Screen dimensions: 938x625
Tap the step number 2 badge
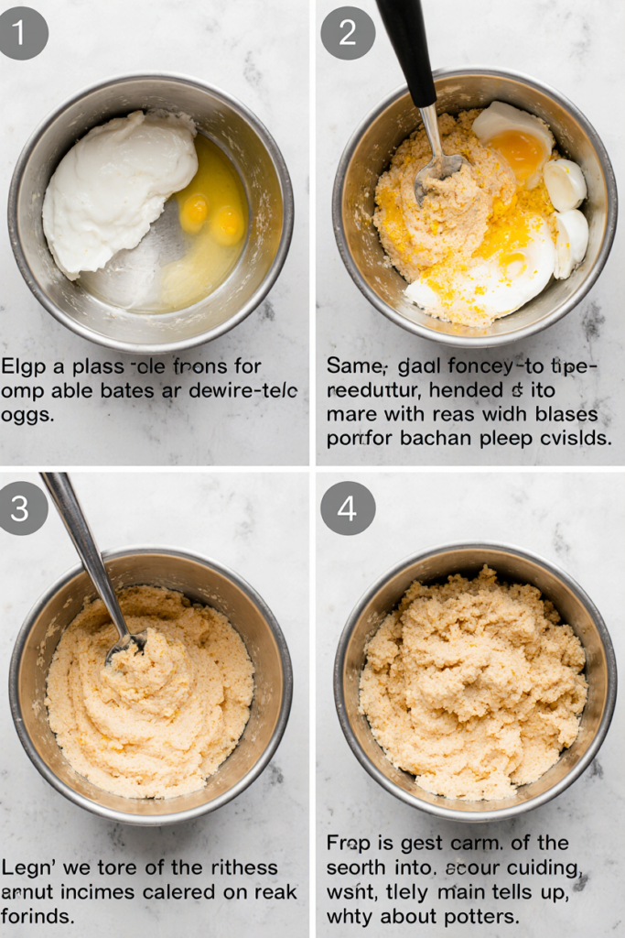click(347, 33)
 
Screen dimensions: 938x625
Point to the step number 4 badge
click(347, 507)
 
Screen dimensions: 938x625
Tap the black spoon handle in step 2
click(407, 50)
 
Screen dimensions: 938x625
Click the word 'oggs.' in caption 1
click(27, 415)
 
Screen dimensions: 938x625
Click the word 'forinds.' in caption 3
click(37, 915)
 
